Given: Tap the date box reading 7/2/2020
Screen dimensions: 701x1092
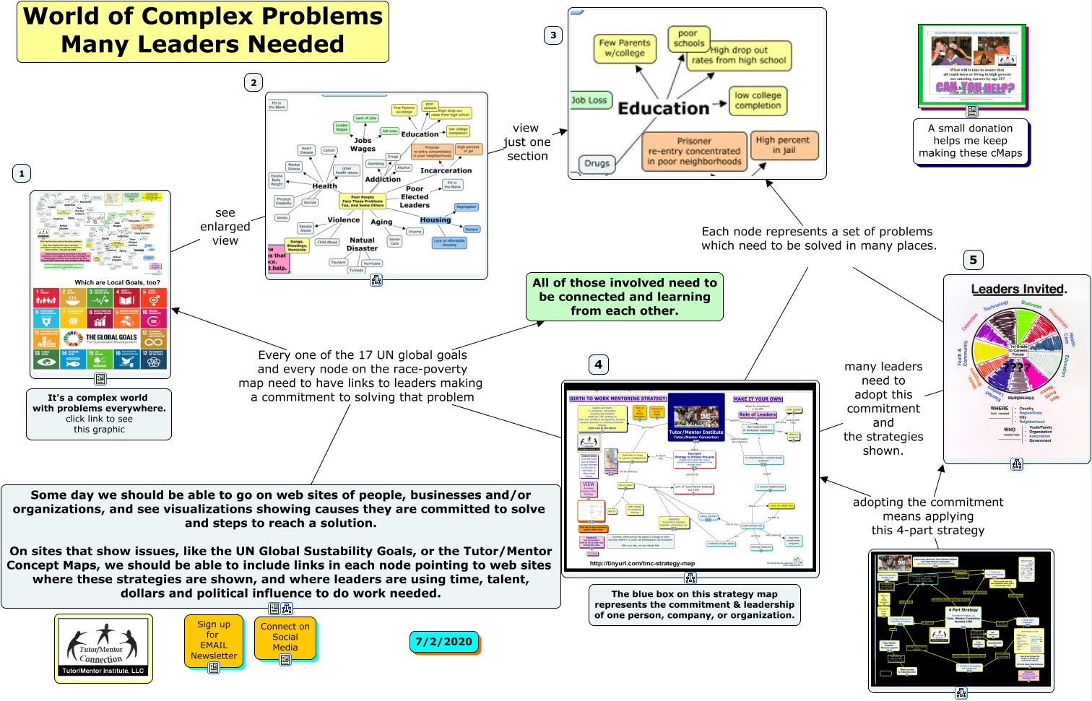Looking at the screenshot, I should pos(443,641).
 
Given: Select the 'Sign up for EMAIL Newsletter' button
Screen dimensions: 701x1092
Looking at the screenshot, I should pos(214,640).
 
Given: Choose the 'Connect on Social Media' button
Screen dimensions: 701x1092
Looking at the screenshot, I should pos(285,637).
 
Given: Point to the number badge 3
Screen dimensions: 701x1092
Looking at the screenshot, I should pos(553,35).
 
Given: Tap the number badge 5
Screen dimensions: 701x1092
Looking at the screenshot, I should pos(973,260).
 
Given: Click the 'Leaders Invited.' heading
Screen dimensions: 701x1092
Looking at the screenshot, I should pos(1018,289).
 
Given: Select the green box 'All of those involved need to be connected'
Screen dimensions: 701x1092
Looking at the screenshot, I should pos(624,297).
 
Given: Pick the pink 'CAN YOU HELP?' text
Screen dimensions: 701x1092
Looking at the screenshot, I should pos(974,87).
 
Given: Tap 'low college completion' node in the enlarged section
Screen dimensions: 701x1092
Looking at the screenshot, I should pos(758,100).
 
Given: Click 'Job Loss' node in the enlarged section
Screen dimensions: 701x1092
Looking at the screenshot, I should pos(589,100).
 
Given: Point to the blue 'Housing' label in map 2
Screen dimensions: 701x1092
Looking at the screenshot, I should pos(435,220).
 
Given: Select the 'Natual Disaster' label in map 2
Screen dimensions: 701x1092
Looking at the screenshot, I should pos(362,244).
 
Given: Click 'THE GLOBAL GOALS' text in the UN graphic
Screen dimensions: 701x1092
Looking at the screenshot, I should pos(111,337).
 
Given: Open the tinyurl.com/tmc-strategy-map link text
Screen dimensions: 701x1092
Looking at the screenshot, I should pos(642,563).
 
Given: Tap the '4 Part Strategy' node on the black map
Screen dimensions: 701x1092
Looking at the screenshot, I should pos(963,609).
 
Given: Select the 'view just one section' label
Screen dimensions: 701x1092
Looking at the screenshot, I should pos(526,142).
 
